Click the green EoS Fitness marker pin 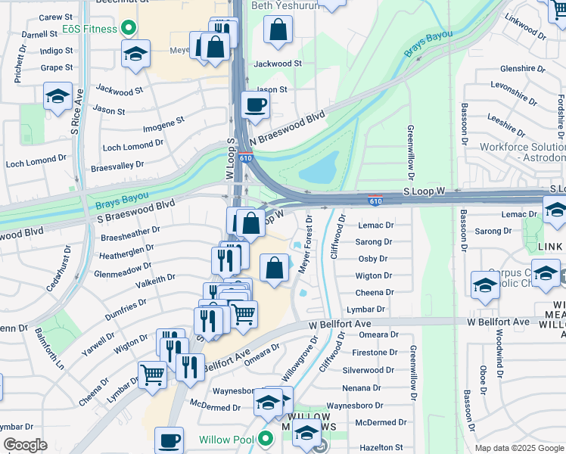[x=128, y=29]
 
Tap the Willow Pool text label [x=228, y=440]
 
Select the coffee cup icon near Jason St [x=255, y=104]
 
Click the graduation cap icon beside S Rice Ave [x=58, y=96]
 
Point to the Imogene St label [x=163, y=121]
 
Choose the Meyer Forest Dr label [x=304, y=244]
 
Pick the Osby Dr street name [x=372, y=259]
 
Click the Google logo [x=25, y=445]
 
